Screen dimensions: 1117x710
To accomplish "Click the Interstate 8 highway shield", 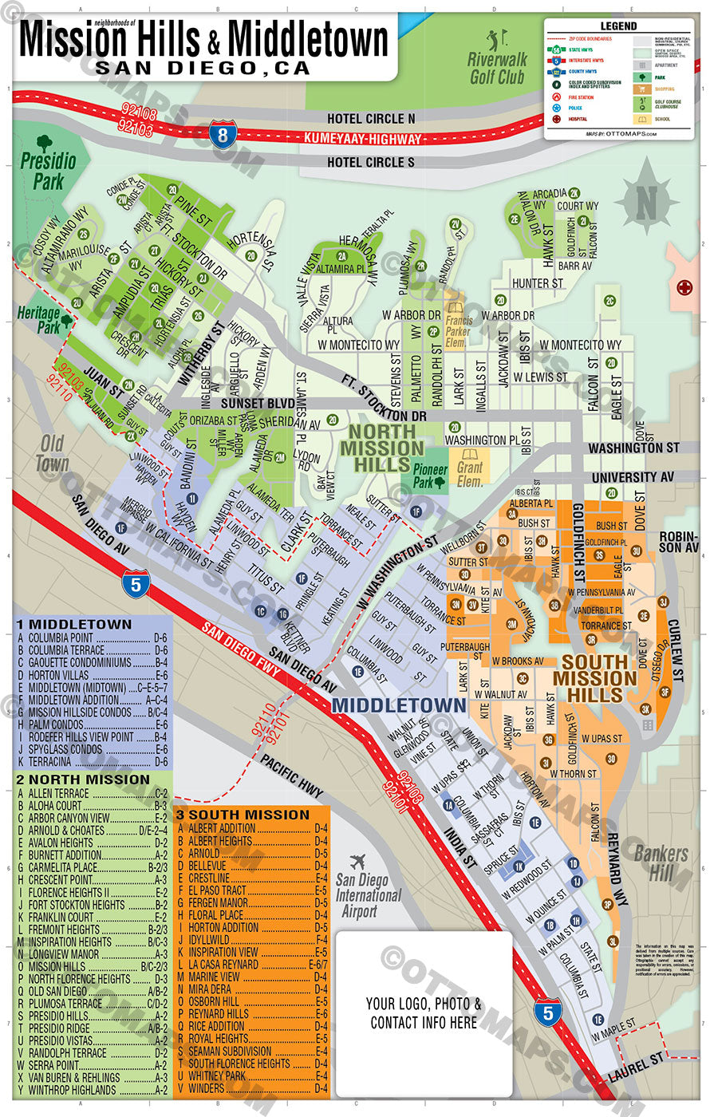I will [223, 133].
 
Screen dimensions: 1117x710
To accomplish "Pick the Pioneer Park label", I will [428, 476].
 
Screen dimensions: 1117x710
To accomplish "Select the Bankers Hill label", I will [661, 862].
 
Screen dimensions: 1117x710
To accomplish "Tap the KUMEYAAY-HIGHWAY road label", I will [362, 139].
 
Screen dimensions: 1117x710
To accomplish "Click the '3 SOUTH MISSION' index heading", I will [243, 815].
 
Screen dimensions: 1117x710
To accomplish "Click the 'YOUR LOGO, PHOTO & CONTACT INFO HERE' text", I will [424, 1012].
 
